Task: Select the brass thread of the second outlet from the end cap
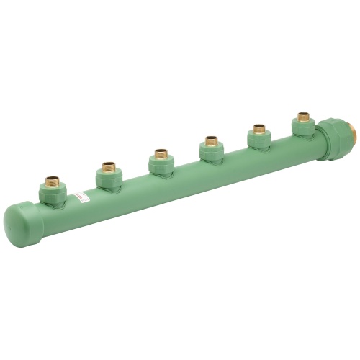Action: (x=109, y=167)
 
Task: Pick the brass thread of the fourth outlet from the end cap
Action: (x=211, y=140)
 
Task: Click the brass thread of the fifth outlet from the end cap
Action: (x=258, y=130)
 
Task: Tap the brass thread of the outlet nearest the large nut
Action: (x=303, y=117)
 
